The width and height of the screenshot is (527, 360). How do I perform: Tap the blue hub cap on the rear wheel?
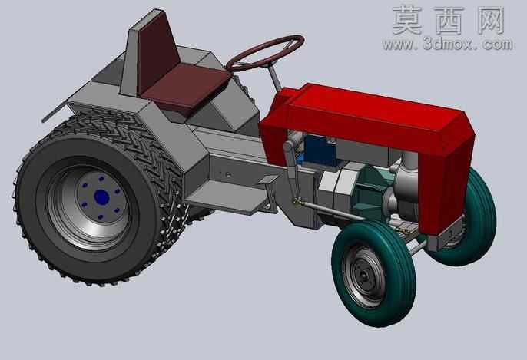[101, 197]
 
